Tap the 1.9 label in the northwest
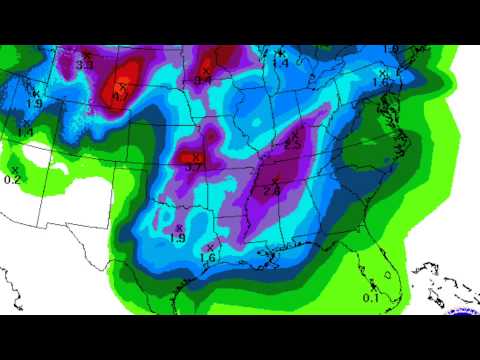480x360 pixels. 34,103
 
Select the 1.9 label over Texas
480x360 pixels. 178,237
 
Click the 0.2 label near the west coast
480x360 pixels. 13,179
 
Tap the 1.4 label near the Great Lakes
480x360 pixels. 280,62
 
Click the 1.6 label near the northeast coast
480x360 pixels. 380,81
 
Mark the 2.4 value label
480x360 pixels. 272,190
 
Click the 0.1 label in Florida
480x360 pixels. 371,297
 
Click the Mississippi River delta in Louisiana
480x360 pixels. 268,262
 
